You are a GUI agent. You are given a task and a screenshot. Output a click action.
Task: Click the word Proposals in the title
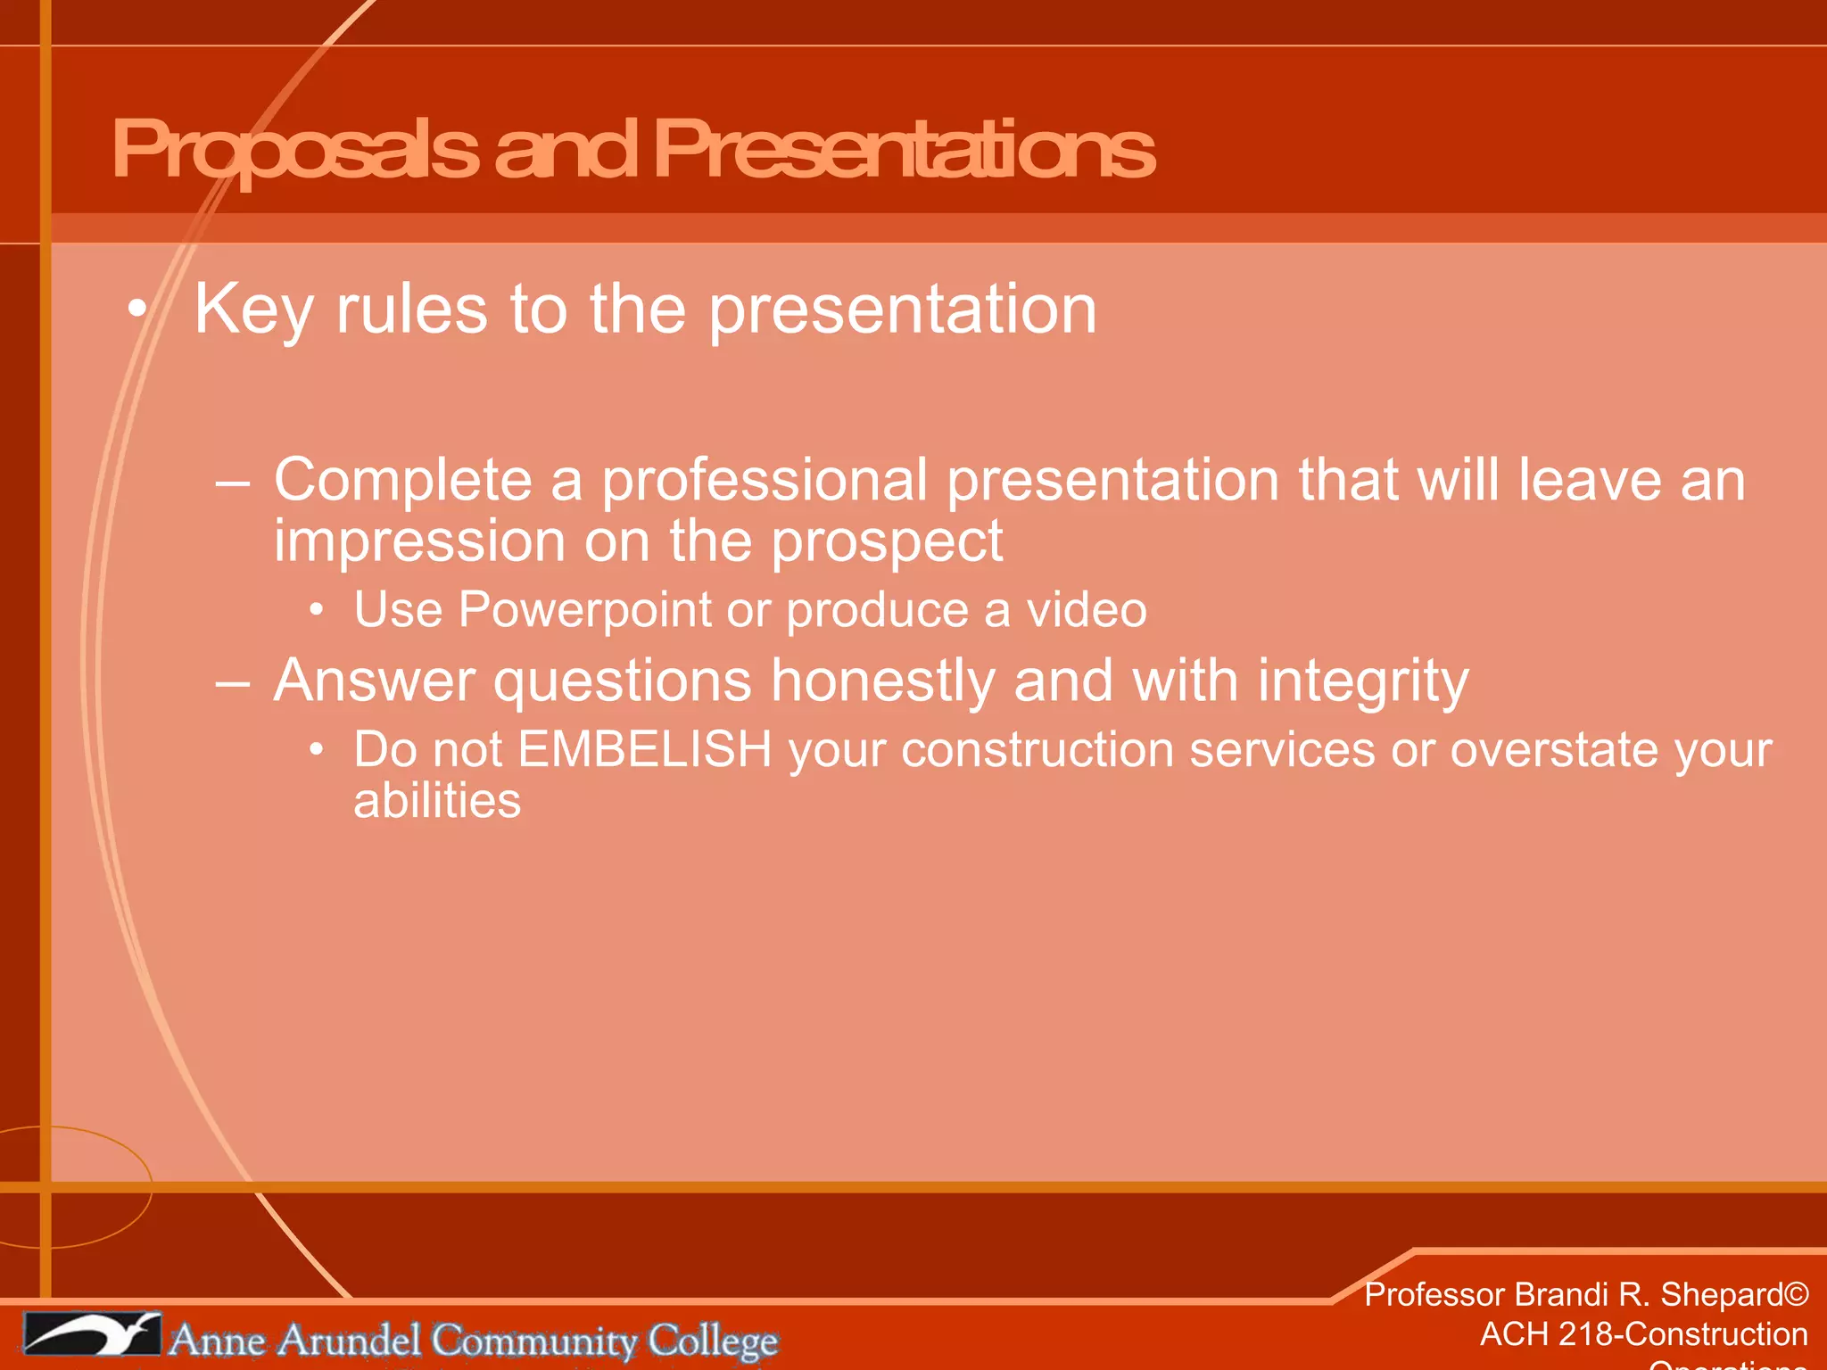click(294, 150)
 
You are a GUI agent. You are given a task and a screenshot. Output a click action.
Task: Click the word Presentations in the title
click(903, 150)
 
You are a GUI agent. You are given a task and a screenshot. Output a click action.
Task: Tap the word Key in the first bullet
click(253, 309)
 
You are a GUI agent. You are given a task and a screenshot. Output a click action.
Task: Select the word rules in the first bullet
click(411, 309)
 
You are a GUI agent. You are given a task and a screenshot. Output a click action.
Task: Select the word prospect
click(887, 541)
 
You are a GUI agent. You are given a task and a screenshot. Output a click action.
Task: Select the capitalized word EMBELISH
click(644, 749)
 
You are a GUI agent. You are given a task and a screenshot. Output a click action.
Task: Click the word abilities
click(437, 800)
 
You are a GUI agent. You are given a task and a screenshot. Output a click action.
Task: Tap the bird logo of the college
click(92, 1334)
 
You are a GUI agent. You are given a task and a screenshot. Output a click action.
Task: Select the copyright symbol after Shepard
click(1796, 1294)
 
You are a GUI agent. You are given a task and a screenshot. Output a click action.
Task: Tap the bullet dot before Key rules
click(136, 309)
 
